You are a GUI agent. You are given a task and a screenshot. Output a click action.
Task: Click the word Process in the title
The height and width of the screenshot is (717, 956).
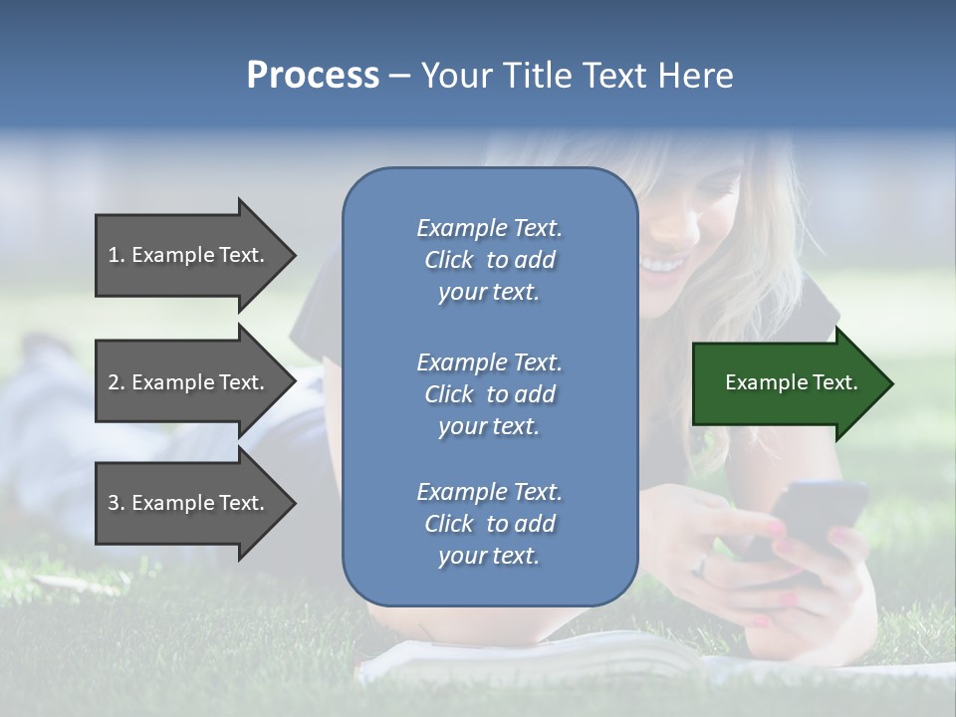pyautogui.click(x=313, y=76)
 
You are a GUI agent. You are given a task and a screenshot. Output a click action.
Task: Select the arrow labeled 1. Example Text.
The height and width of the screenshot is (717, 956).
pyautogui.click(x=189, y=255)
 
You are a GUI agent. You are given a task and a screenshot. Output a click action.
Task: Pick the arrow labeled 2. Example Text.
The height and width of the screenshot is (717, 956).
pyautogui.click(x=189, y=382)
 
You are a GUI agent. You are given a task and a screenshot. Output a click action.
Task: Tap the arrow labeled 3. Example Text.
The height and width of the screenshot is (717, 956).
pyautogui.click(x=189, y=503)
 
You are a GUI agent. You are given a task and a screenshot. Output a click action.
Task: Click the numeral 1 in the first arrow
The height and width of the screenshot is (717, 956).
pyautogui.click(x=114, y=255)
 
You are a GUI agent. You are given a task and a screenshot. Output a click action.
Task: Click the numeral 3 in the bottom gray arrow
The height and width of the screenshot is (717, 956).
pyautogui.click(x=114, y=503)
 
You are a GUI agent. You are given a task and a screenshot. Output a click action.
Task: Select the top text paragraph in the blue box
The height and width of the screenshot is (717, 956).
pyautogui.click(x=489, y=260)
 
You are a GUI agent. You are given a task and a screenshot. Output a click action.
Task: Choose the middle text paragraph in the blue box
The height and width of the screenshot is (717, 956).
pyautogui.click(x=489, y=394)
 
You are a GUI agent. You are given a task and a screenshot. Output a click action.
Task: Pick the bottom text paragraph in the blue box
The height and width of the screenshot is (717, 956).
pyautogui.click(x=489, y=524)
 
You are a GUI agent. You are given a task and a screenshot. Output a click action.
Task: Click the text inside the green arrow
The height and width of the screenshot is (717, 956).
pyautogui.click(x=792, y=382)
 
